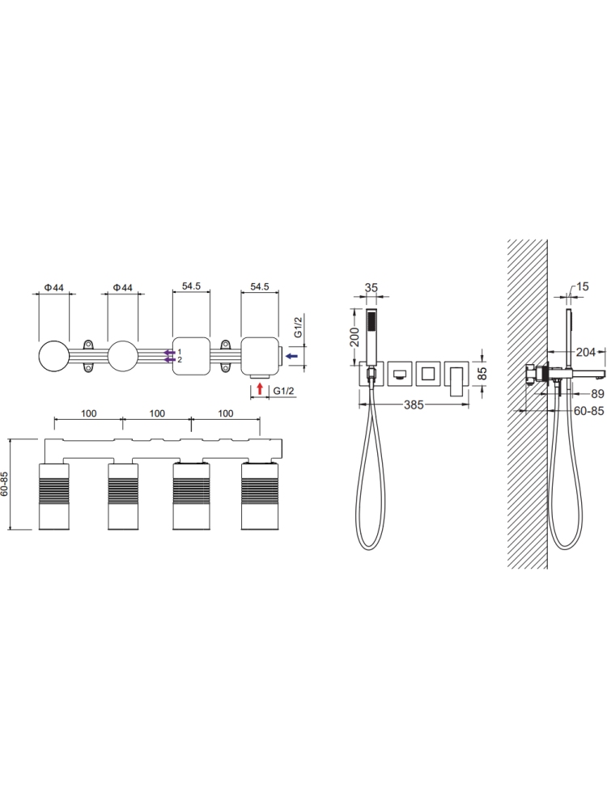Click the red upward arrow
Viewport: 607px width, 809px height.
(260, 388)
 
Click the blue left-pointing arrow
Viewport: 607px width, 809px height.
(291, 355)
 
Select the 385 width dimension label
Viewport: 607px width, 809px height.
(414, 405)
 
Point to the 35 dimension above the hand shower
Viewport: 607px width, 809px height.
(371, 287)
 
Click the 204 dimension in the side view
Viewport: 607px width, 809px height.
(585, 352)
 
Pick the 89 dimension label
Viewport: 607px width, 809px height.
(597, 394)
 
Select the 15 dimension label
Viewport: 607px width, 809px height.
(582, 286)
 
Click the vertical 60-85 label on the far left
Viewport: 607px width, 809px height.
(5, 483)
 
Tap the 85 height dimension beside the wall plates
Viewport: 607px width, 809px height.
(483, 373)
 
